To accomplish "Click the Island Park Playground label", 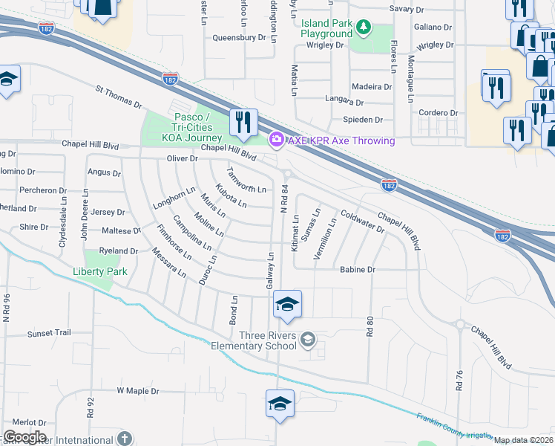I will (x=326, y=28).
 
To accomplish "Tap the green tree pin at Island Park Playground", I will (x=363, y=28).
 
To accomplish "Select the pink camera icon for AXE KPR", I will (x=276, y=140).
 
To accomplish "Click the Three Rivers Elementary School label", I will (x=254, y=340).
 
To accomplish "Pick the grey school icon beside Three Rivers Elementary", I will (x=309, y=340).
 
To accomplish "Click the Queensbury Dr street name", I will (x=239, y=37).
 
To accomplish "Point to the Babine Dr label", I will (x=358, y=270).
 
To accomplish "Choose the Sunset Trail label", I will (x=49, y=334).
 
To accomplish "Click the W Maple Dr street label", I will (x=139, y=390).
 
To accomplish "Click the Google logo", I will (x=24, y=437).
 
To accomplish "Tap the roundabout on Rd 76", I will (x=459, y=325).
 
